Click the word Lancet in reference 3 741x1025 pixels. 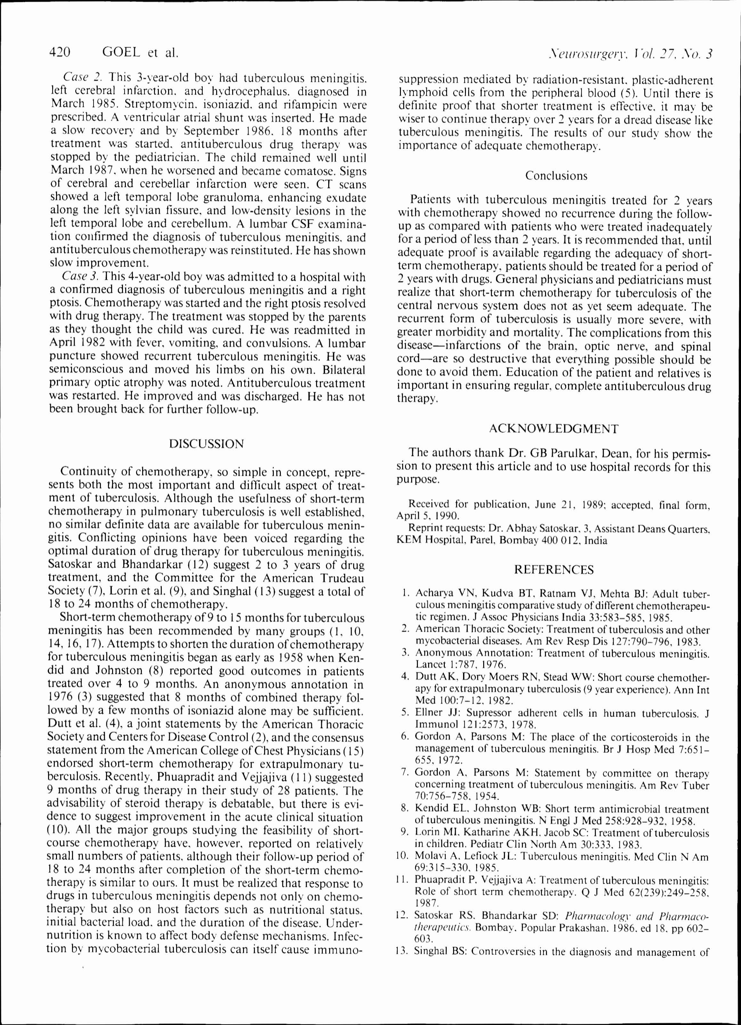pos(427,665)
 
